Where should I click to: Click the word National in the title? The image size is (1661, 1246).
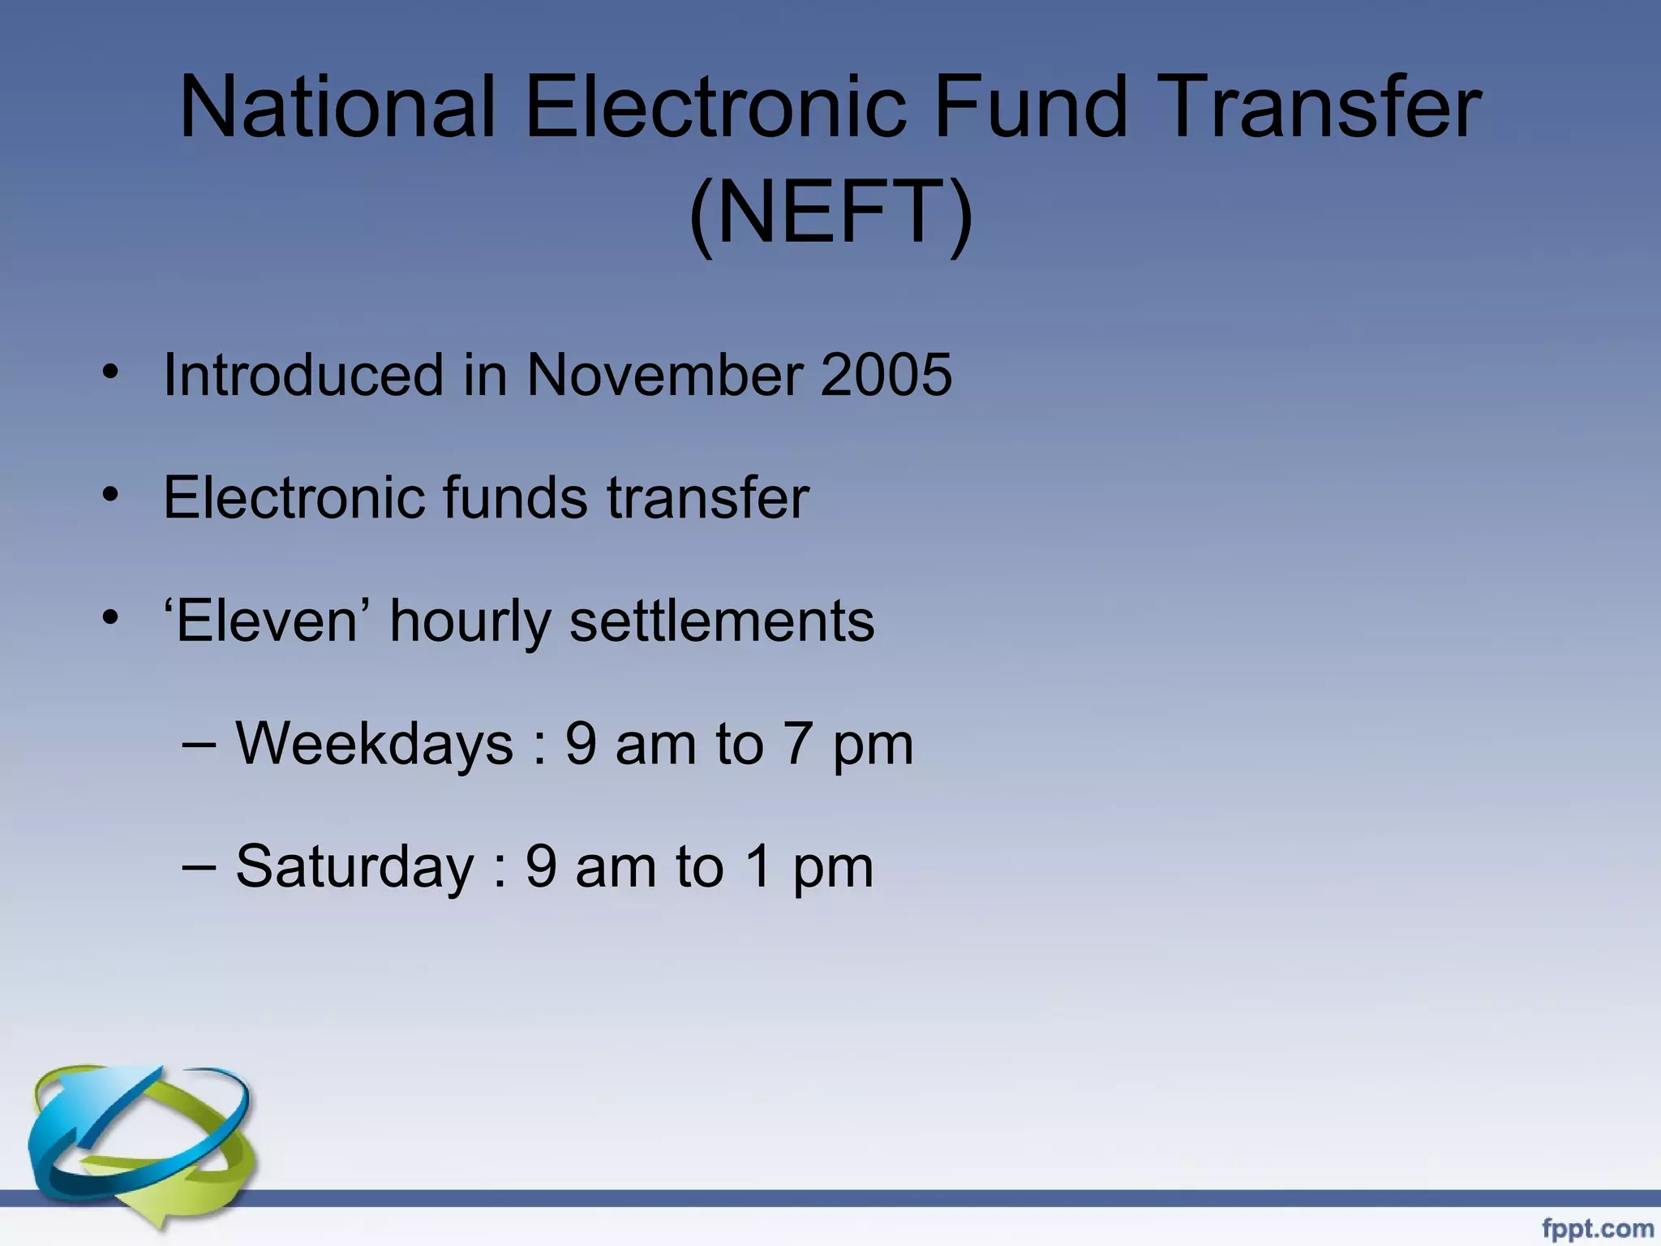click(x=337, y=107)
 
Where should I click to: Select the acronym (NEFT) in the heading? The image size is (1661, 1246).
click(x=830, y=213)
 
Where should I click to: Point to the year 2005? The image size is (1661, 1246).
click(x=886, y=375)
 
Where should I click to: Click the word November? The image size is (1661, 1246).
click(x=663, y=375)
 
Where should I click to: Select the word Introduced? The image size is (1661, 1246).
click(x=303, y=375)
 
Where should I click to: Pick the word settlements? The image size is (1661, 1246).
click(x=722, y=621)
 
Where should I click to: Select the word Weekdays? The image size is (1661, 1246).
click(x=374, y=744)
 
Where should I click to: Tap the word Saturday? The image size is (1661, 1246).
click(x=354, y=866)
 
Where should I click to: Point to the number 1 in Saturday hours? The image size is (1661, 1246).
click(x=758, y=866)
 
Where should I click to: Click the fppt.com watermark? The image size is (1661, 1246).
click(x=1597, y=1229)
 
